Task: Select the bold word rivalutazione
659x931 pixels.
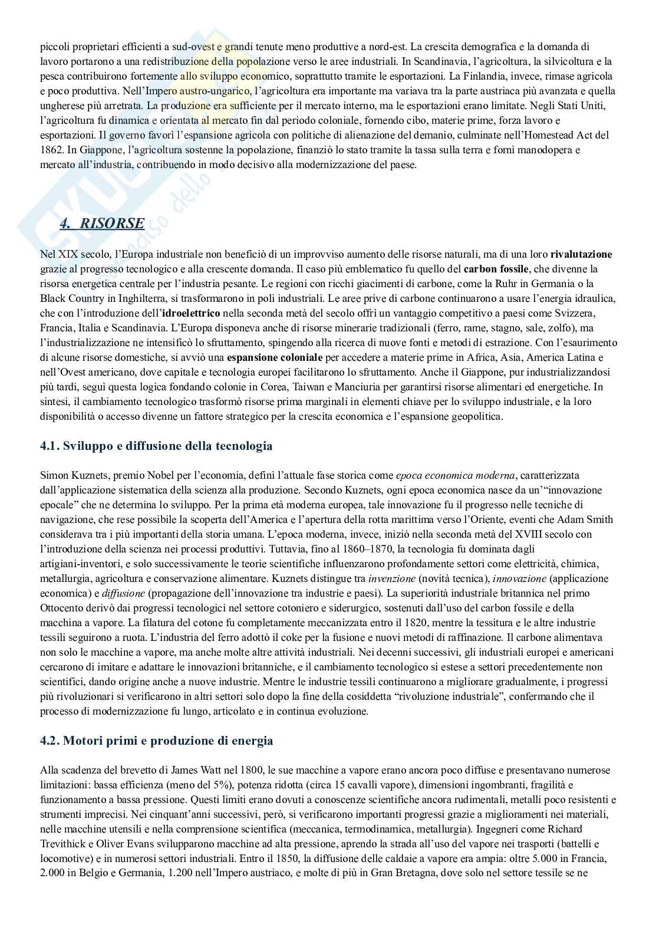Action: click(581, 255)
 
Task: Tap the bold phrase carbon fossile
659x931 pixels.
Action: click(497, 269)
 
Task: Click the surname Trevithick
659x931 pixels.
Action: click(65, 843)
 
